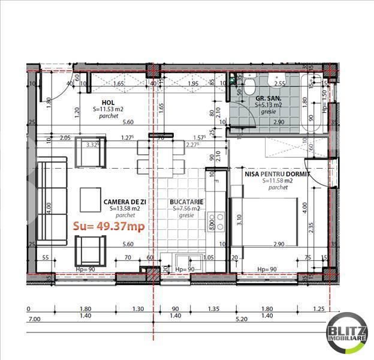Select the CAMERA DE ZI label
point(125,202)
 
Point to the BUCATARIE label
point(186,202)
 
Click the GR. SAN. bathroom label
point(269,98)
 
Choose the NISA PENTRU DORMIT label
point(277,173)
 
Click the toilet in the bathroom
point(248,88)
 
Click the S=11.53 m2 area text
point(109,110)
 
